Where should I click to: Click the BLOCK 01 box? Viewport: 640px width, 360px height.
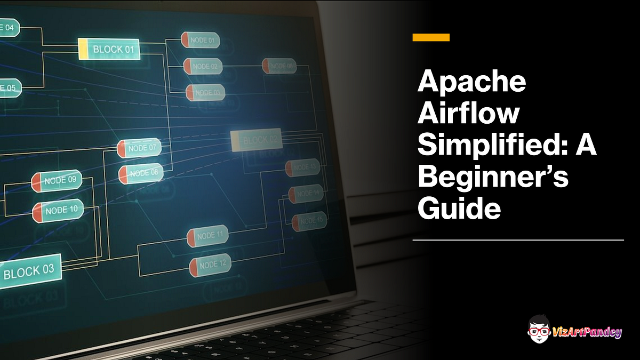pos(109,49)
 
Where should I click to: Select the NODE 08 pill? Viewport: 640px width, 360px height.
pos(141,173)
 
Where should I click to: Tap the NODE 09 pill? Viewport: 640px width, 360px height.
pos(57,181)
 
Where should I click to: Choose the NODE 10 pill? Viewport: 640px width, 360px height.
pos(58,211)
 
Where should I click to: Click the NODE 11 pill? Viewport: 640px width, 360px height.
pos(207,236)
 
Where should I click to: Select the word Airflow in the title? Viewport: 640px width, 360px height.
pos(468,114)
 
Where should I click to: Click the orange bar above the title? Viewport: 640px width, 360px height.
pos(431,37)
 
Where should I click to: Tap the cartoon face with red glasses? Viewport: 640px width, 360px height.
pos(539,330)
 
